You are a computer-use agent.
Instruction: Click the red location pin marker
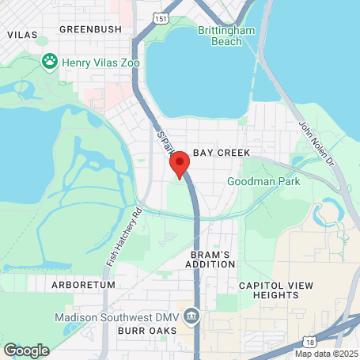180,163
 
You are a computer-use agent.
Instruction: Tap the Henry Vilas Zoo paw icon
50,60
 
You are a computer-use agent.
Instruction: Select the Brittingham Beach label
227,36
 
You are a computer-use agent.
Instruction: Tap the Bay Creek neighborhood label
222,152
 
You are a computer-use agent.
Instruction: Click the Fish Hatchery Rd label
123,237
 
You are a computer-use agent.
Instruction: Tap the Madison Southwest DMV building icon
191,317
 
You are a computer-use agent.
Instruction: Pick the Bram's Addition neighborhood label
210,260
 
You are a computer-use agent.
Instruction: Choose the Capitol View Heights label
271,289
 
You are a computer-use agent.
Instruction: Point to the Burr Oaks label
147,330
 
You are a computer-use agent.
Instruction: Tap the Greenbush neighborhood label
91,29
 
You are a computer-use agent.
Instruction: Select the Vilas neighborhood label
22,35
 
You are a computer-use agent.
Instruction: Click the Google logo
26,350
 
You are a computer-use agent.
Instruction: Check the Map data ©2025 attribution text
326,353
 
